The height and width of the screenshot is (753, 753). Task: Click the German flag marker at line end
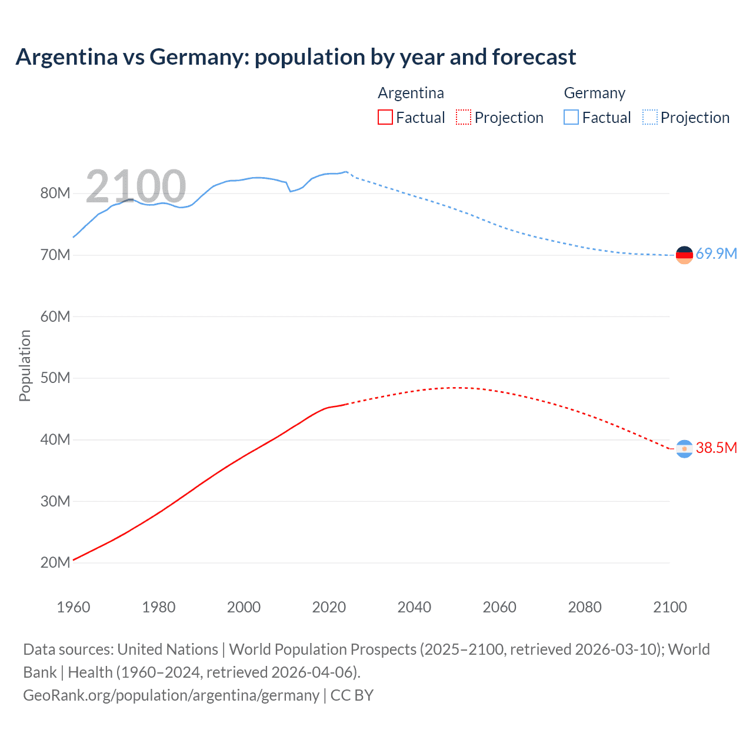pyautogui.click(x=684, y=255)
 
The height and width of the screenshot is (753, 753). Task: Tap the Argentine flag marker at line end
pyautogui.click(x=684, y=449)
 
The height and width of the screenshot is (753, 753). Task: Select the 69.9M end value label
pyautogui.click(x=716, y=254)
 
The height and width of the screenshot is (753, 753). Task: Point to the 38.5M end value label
pyautogui.click(x=716, y=448)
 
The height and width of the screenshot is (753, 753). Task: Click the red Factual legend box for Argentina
pyautogui.click(x=385, y=117)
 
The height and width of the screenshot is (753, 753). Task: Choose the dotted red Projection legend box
pyautogui.click(x=464, y=117)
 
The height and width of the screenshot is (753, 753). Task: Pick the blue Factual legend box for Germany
pyautogui.click(x=571, y=117)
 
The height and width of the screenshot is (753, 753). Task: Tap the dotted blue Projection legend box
pyautogui.click(x=650, y=117)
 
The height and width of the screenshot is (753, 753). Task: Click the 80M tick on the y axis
pyautogui.click(x=55, y=193)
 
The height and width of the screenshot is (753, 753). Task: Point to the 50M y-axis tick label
pyautogui.click(x=55, y=378)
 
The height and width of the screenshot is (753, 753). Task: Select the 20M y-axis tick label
pyautogui.click(x=55, y=562)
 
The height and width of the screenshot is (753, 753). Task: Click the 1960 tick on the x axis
pyautogui.click(x=74, y=607)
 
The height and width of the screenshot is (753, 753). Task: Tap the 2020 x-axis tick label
pyautogui.click(x=329, y=607)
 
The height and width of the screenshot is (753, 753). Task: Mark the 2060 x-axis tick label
pyautogui.click(x=499, y=607)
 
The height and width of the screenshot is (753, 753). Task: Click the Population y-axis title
pyautogui.click(x=25, y=365)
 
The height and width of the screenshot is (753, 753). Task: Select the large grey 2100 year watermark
pyautogui.click(x=136, y=186)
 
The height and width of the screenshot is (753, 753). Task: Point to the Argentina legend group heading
pyautogui.click(x=411, y=93)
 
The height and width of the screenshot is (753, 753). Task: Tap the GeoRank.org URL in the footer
pyautogui.click(x=171, y=695)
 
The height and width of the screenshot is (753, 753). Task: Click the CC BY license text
pyautogui.click(x=352, y=695)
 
